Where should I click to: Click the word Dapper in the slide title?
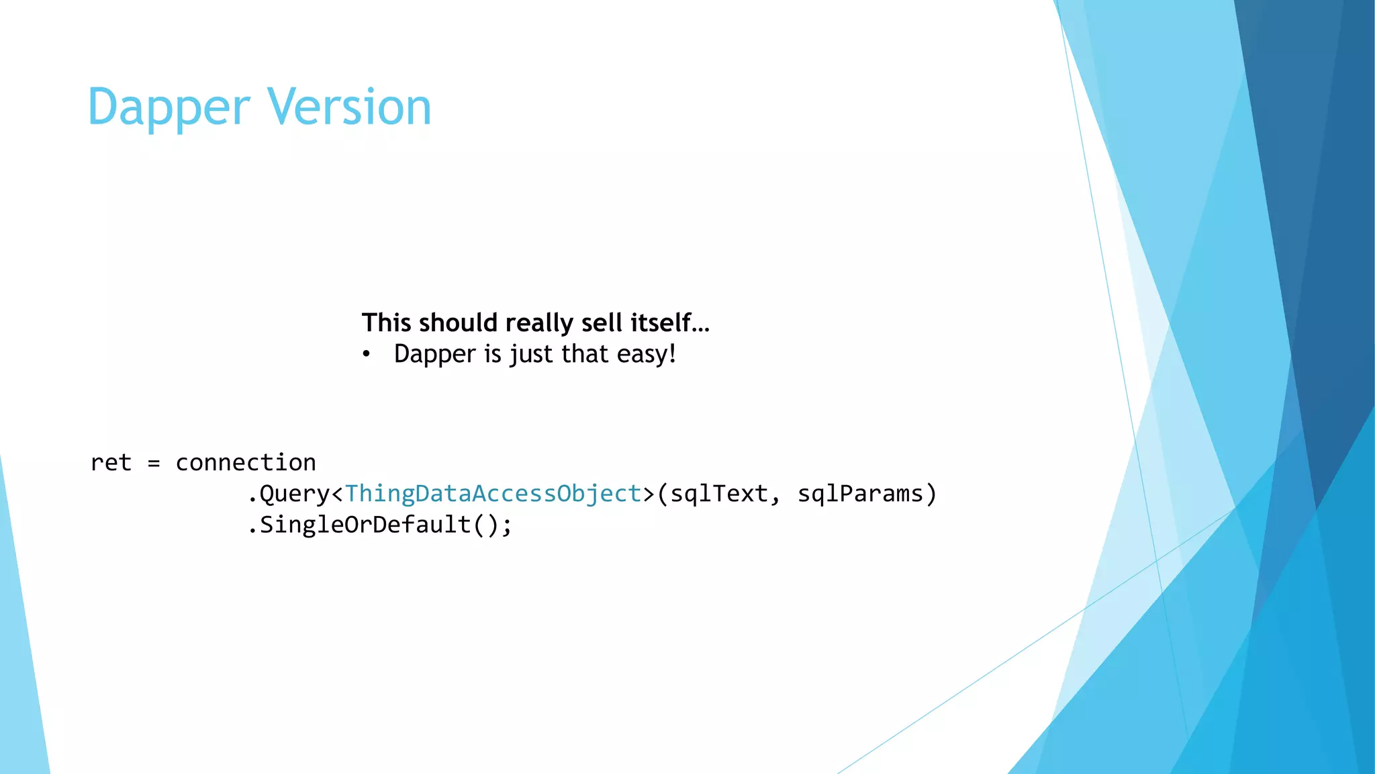click(x=169, y=107)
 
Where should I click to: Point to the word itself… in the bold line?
click(x=669, y=323)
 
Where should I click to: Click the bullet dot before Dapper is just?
click(x=366, y=354)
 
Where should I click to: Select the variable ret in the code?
click(x=111, y=462)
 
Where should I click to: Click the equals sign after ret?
click(x=154, y=463)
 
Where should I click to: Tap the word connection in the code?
click(x=246, y=462)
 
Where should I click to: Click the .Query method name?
click(x=289, y=494)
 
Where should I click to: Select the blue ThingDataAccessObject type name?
click(x=493, y=494)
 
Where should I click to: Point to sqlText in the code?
click(x=718, y=494)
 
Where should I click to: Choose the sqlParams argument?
click(x=860, y=494)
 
